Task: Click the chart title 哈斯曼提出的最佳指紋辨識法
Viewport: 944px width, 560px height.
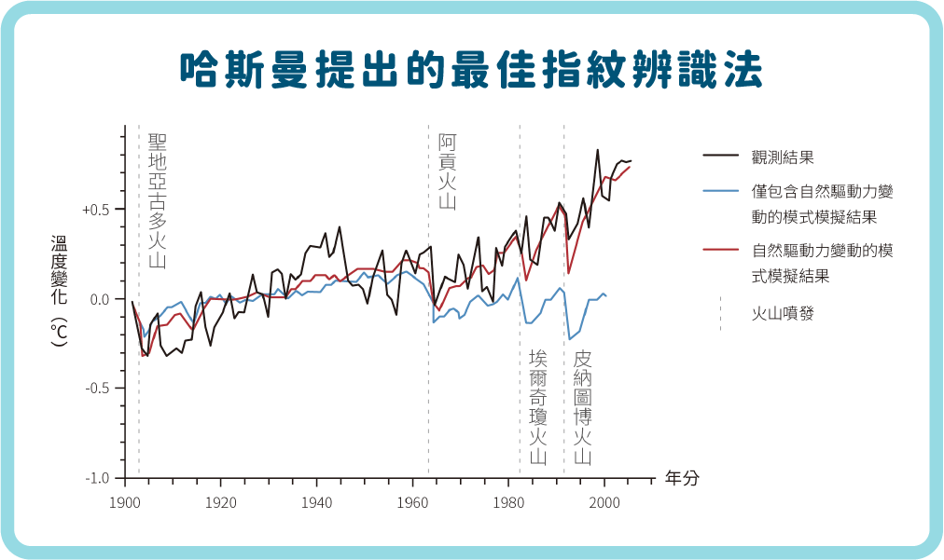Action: [x=471, y=70]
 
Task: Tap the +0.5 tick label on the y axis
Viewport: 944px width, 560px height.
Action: [x=96, y=210]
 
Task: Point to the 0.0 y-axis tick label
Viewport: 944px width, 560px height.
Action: [x=100, y=299]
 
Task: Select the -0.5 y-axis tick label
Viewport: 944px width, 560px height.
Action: [x=98, y=388]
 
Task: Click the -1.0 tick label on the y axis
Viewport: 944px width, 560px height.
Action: [x=98, y=478]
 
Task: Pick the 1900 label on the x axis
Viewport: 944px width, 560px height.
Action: [x=125, y=503]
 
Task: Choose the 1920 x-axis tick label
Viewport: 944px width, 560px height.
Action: [x=221, y=503]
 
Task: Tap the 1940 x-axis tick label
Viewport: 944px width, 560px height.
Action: [x=316, y=503]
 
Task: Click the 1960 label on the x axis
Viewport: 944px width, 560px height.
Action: [x=412, y=503]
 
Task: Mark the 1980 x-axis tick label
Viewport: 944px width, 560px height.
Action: [x=508, y=503]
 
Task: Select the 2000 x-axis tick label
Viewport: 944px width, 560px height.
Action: [x=604, y=503]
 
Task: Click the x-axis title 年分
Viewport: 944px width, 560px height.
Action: [x=682, y=478]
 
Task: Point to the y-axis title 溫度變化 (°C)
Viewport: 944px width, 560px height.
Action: [x=59, y=291]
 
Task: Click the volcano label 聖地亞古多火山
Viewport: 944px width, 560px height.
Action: [x=157, y=201]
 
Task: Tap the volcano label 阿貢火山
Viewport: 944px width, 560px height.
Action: [x=448, y=172]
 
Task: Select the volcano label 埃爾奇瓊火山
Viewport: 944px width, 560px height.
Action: [x=538, y=407]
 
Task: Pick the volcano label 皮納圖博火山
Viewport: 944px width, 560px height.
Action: [x=583, y=407]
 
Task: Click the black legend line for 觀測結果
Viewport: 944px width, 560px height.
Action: [x=721, y=156]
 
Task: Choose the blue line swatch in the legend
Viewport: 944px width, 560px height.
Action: [x=721, y=191]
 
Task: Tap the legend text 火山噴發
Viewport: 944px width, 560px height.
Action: [x=783, y=313]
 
